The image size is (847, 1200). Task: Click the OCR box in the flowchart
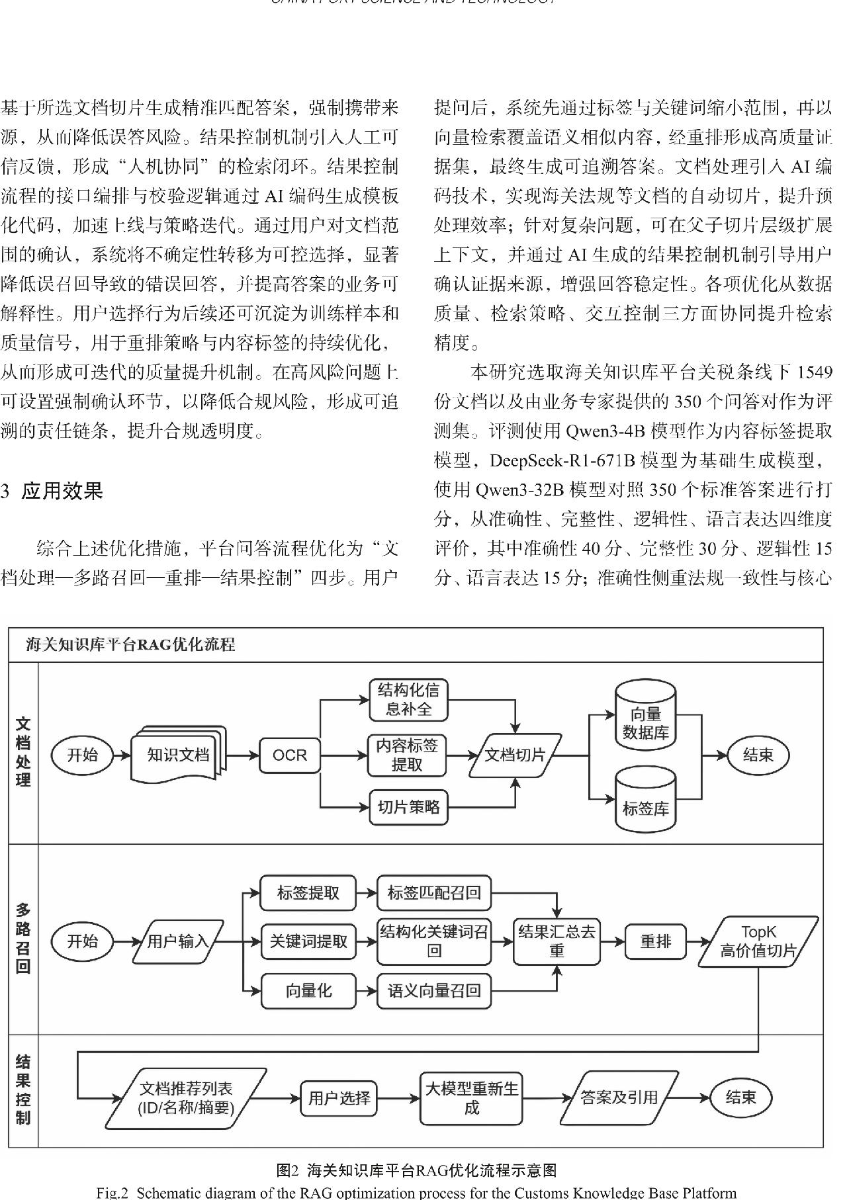click(290, 755)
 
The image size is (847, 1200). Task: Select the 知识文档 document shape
click(177, 755)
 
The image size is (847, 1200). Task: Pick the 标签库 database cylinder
click(645, 802)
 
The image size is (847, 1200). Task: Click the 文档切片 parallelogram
click(515, 755)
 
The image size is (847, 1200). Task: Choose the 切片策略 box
click(408, 807)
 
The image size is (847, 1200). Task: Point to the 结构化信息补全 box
click(408, 700)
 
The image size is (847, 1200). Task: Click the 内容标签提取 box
click(407, 755)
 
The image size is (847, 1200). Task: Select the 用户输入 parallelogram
click(178, 941)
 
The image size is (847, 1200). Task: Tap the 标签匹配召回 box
click(434, 893)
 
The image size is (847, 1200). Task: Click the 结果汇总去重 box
click(557, 941)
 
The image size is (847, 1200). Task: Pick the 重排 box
click(655, 941)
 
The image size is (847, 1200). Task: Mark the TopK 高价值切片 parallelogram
click(758, 941)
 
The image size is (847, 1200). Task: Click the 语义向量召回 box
click(434, 991)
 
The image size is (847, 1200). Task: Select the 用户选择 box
click(339, 1098)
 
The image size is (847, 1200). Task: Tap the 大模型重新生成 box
click(471, 1098)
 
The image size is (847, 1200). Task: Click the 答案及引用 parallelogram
click(619, 1098)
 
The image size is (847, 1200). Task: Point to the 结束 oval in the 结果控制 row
click(740, 1098)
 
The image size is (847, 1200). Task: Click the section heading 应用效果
click(62, 492)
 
